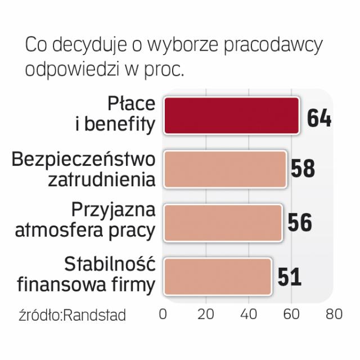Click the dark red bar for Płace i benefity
(231, 116)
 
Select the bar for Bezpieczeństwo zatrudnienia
(225, 169)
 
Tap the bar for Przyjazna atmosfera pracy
(223, 222)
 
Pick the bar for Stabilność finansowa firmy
(218, 276)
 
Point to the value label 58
(303, 169)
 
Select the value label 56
(299, 223)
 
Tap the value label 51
(289, 276)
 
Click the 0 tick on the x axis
(163, 314)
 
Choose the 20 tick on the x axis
(206, 314)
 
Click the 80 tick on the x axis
(334, 314)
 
